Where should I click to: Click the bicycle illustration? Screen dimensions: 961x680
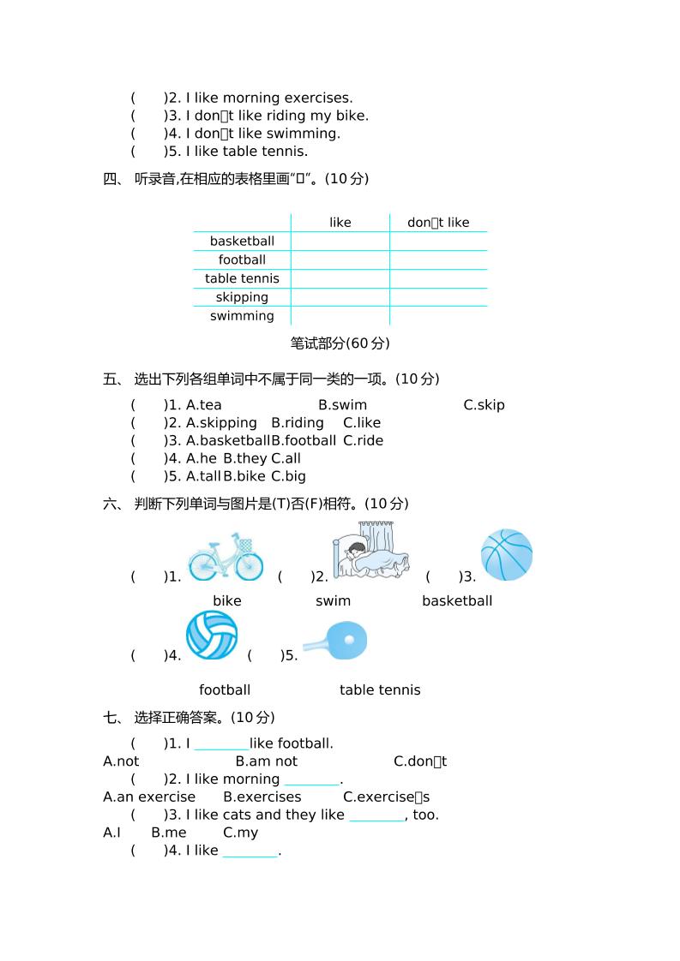[x=226, y=557]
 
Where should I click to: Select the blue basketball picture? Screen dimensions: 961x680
[x=507, y=554]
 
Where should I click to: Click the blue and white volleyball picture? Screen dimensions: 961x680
[x=212, y=635]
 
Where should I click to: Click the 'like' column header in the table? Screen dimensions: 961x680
[x=340, y=223]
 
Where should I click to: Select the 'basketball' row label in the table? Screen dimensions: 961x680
[x=242, y=242]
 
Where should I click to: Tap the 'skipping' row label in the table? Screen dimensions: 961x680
[x=242, y=297]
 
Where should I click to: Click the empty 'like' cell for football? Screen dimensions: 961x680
[x=340, y=260]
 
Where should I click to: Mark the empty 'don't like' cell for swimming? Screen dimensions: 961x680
[x=438, y=316]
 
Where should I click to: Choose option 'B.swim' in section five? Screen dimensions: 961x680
[x=342, y=405]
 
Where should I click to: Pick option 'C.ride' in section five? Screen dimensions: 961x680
[x=363, y=440]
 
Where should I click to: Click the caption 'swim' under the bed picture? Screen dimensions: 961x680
[x=333, y=601]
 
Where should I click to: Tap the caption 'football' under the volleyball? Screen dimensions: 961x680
[x=225, y=690]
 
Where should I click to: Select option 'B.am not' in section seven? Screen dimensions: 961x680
[x=266, y=761]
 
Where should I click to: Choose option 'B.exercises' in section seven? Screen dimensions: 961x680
[x=262, y=797]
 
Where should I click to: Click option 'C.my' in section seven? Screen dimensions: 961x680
[x=240, y=833]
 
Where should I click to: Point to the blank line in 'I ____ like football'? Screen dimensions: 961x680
[x=221, y=744]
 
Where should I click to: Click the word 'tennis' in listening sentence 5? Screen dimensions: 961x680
[x=286, y=152]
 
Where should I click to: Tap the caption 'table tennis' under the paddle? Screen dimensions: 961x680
[x=380, y=690]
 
